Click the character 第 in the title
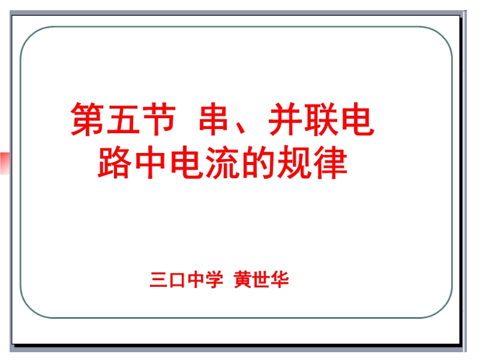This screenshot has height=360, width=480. click(x=87, y=119)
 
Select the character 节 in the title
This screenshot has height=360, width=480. click(x=158, y=119)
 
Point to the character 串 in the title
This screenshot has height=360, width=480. click(x=214, y=119)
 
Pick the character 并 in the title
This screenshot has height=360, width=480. click(x=285, y=119)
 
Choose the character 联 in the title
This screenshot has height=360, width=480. click(x=321, y=119)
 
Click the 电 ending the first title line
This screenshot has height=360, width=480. click(x=357, y=119)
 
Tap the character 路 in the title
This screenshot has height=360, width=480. click(x=114, y=162)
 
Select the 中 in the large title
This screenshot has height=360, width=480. click(x=151, y=162)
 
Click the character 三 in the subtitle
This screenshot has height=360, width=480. click(x=158, y=280)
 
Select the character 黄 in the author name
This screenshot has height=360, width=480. click(x=243, y=280)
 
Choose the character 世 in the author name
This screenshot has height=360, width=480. click(x=261, y=280)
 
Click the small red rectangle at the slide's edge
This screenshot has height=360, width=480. click(x=5, y=163)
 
